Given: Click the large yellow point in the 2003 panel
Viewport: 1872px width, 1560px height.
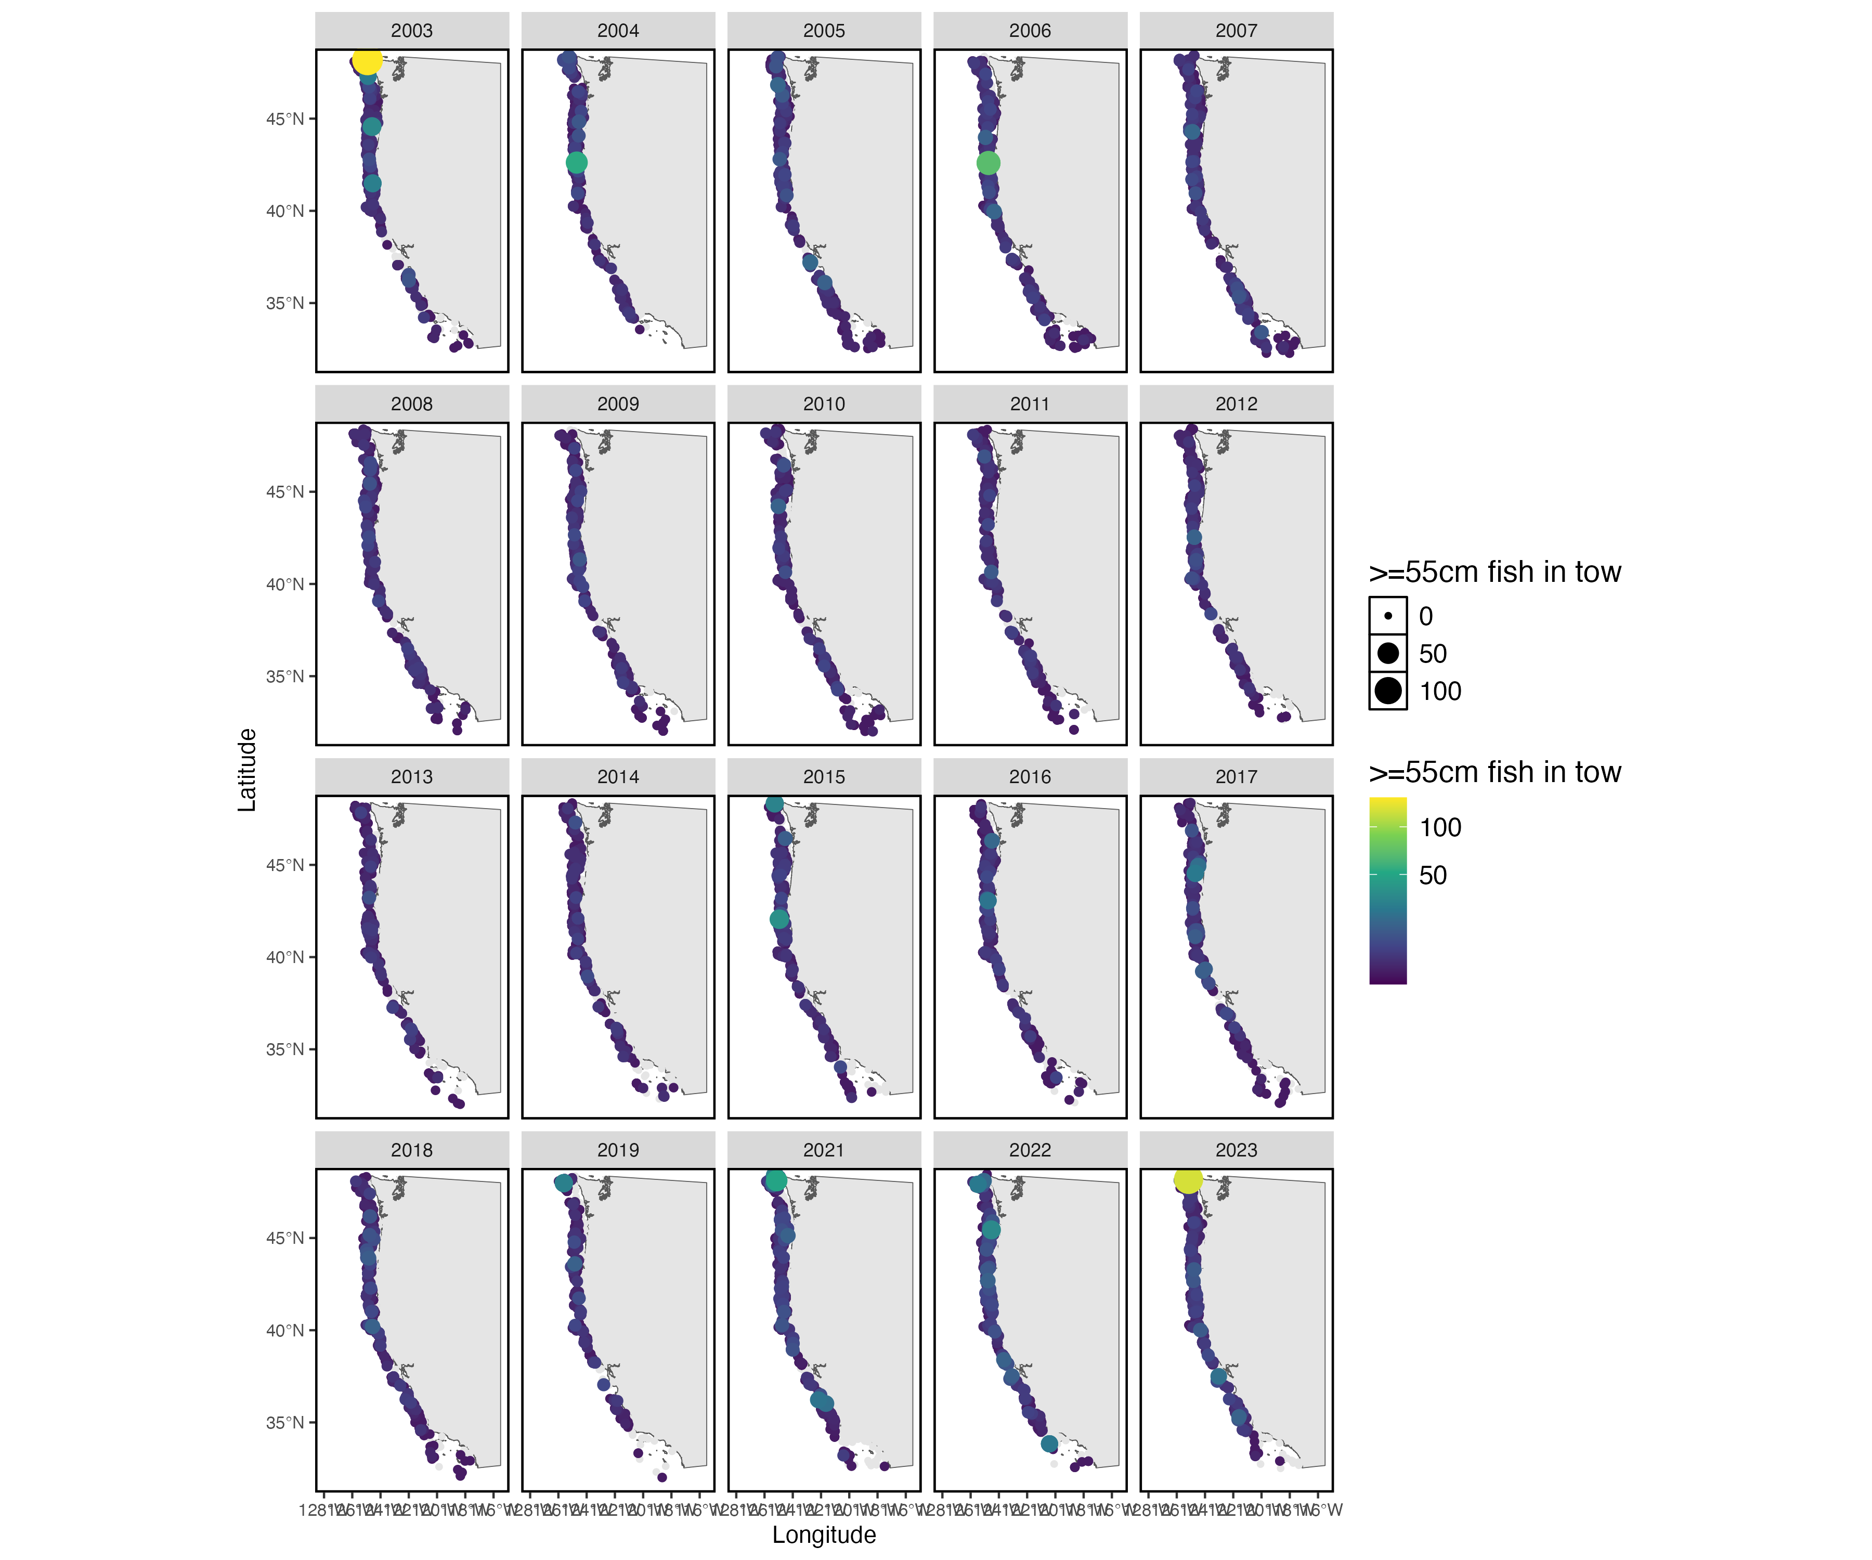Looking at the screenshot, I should [367, 61].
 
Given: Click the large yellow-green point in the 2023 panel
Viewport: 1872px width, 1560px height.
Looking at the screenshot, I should [1188, 1179].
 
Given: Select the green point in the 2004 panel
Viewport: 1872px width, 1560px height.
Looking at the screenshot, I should [577, 162].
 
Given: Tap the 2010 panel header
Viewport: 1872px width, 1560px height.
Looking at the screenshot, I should [824, 404].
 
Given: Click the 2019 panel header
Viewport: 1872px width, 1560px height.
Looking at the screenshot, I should [618, 1150].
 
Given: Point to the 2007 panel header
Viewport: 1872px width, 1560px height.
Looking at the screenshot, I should [1236, 30].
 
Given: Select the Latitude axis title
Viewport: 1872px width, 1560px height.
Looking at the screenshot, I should [247, 769].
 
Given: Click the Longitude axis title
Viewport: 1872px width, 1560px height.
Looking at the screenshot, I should [824, 1534].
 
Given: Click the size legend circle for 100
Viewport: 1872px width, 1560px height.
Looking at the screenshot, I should [1388, 691].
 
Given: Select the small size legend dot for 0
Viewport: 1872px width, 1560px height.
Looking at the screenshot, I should [1388, 616].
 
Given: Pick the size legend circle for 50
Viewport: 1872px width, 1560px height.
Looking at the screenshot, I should [1388, 654].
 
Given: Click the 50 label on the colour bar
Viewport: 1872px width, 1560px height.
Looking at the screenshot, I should [1433, 875].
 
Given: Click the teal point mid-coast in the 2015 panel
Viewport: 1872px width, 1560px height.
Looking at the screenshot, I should [779, 918].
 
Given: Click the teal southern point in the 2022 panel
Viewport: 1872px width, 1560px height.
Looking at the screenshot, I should [1049, 1443].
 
